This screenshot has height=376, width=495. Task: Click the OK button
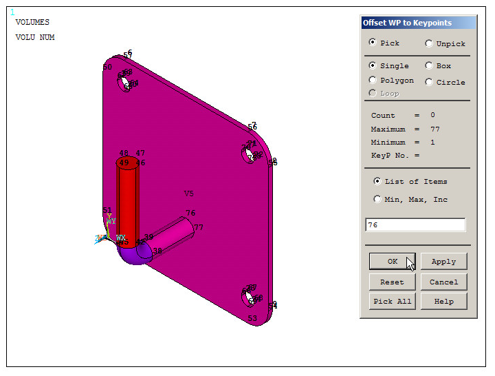click(x=392, y=262)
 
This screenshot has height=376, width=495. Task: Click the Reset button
click(x=392, y=282)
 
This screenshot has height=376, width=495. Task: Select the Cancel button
click(x=443, y=282)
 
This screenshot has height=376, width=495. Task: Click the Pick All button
click(x=392, y=301)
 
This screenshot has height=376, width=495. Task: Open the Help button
click(x=443, y=301)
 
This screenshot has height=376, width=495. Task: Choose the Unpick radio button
click(x=429, y=43)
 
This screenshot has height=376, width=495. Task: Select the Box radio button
click(x=429, y=66)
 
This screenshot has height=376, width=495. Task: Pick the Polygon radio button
click(x=373, y=81)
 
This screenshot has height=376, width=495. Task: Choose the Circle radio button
click(x=429, y=82)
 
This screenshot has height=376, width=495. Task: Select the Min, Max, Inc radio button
click(x=377, y=200)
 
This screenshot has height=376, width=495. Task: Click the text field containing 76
click(x=415, y=225)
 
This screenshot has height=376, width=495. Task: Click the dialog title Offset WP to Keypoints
click(x=407, y=23)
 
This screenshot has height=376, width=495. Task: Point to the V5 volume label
click(x=189, y=194)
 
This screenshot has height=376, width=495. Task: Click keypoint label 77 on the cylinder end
click(x=198, y=227)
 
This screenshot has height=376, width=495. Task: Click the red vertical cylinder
click(x=128, y=203)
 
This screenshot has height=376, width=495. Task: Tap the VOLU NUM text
click(x=35, y=37)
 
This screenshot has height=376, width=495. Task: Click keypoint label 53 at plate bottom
click(x=252, y=318)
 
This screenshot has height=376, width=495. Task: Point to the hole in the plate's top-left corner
click(x=125, y=83)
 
